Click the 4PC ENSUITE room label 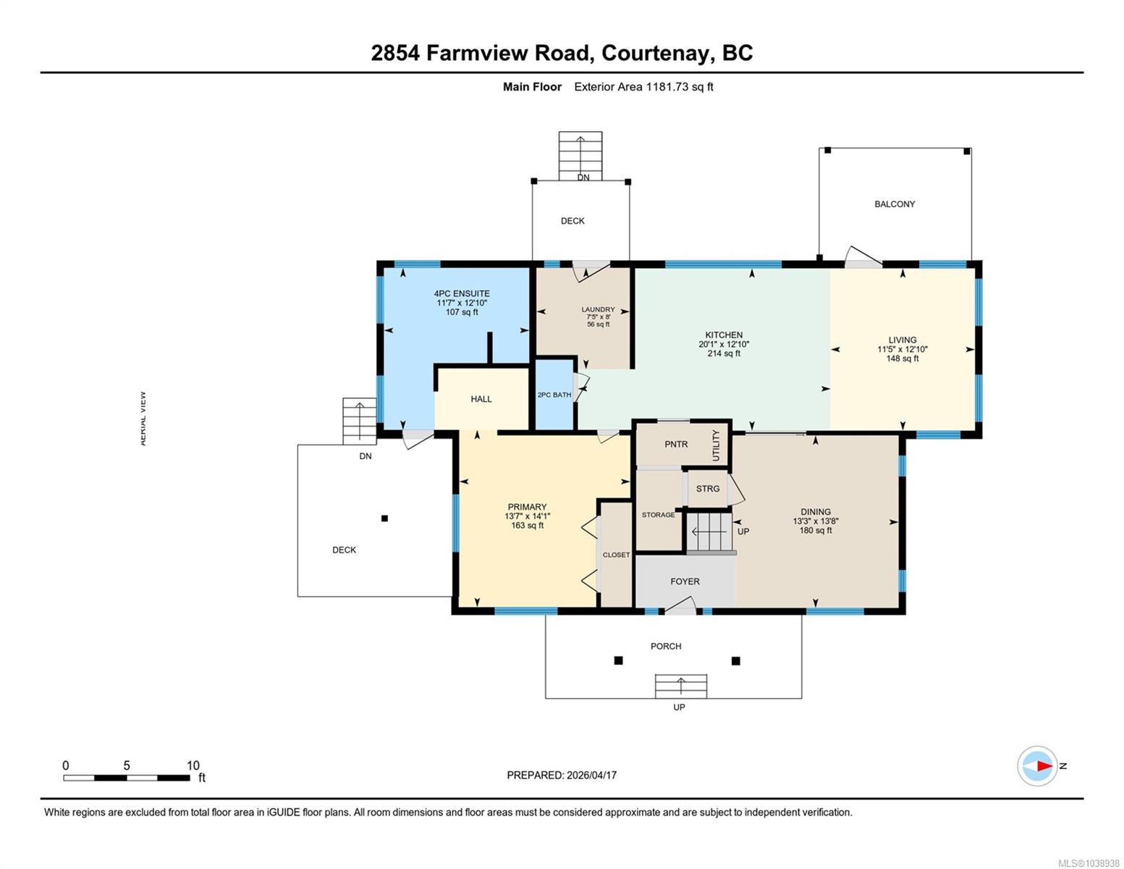click(461, 293)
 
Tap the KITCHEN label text click(724, 335)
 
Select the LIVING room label click(902, 340)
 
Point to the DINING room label click(815, 512)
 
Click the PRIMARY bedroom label click(527, 507)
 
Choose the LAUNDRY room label click(598, 309)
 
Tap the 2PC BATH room click(554, 395)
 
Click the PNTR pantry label click(676, 444)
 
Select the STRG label click(708, 489)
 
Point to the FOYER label click(685, 582)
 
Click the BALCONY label click(895, 204)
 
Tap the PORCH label click(666, 647)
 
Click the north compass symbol click(1036, 766)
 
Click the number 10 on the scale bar click(193, 765)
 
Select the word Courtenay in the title click(655, 54)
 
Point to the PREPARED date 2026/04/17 click(591, 776)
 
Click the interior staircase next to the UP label click(709, 532)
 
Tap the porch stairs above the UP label click(681, 687)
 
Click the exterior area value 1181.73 click(667, 87)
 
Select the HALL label click(481, 399)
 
